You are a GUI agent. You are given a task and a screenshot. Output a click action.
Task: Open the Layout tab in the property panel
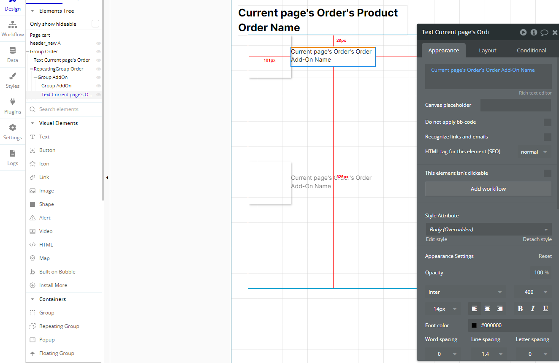click(x=487, y=50)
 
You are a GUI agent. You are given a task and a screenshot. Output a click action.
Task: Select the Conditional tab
click(x=531, y=50)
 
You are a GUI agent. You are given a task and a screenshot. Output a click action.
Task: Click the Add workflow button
click(x=488, y=189)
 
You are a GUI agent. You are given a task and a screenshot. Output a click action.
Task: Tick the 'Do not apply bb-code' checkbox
click(x=547, y=122)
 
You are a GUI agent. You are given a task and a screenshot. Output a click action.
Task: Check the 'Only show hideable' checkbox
click(x=95, y=24)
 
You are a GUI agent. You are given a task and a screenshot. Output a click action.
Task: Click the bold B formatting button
click(x=520, y=309)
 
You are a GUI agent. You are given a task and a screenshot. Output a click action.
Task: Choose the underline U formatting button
click(x=545, y=309)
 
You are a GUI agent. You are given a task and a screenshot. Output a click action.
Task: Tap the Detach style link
click(x=537, y=239)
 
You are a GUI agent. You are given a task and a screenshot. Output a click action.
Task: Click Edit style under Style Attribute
click(x=436, y=239)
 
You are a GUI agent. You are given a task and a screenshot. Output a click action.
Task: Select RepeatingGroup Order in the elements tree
click(x=58, y=69)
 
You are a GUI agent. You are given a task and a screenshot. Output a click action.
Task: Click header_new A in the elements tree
click(x=45, y=43)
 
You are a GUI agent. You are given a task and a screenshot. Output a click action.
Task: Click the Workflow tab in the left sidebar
click(x=13, y=29)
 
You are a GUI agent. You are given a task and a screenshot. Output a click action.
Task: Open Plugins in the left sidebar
click(x=13, y=106)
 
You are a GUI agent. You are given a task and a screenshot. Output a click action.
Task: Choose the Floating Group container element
click(x=57, y=353)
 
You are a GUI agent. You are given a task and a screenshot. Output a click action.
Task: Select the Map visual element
click(x=44, y=258)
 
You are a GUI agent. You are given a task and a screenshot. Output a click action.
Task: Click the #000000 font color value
click(x=491, y=325)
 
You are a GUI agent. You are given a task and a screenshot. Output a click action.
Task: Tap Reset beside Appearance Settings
click(x=545, y=256)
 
